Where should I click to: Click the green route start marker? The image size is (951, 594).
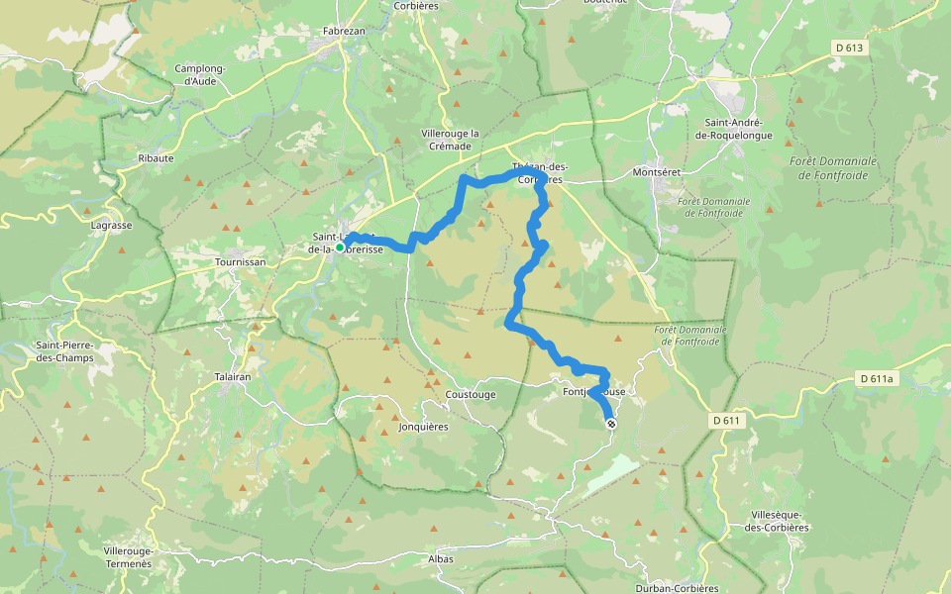(340, 248)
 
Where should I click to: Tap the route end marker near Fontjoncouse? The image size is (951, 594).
(611, 424)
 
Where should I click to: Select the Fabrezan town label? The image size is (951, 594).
(345, 31)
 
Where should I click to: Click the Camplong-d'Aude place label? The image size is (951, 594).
(202, 74)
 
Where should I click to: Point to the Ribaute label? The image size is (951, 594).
(156, 157)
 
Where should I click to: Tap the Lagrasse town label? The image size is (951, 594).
(111, 225)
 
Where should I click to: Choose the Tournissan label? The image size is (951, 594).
(239, 263)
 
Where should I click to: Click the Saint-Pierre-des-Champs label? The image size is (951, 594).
(63, 350)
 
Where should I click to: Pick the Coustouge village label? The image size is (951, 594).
(470, 394)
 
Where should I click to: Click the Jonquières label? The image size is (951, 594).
(423, 427)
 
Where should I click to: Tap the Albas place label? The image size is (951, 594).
(440, 559)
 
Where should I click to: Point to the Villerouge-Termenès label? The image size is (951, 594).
(127, 556)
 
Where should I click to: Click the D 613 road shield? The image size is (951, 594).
(849, 48)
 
